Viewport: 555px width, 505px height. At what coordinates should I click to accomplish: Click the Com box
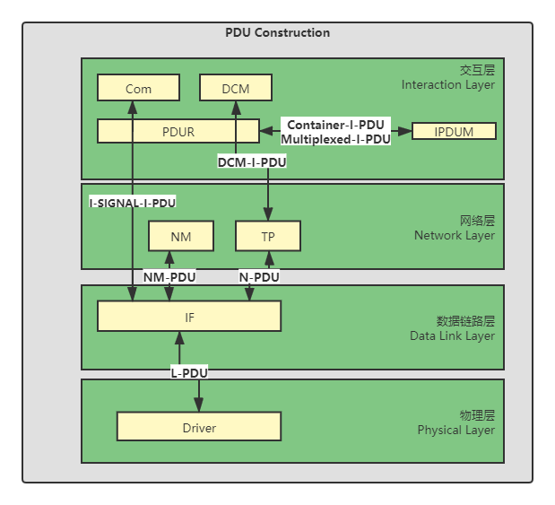coord(138,88)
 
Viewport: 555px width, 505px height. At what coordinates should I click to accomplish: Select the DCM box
coord(236,88)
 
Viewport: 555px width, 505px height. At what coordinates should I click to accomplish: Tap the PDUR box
coord(178,132)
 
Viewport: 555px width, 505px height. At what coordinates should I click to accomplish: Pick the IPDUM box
coord(454,131)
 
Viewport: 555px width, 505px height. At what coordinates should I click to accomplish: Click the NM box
coord(181,237)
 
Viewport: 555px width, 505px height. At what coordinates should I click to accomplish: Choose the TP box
coord(268,237)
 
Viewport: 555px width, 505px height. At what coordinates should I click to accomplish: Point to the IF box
coord(189,317)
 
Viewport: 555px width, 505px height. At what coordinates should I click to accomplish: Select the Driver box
coord(199,427)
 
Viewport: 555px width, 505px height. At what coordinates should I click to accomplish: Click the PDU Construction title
coord(277,33)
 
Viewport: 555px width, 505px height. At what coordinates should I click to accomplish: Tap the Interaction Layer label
coord(447,85)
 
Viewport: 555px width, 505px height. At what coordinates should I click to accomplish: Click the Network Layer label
coord(454,236)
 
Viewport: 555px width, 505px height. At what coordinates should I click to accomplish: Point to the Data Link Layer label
coord(454,336)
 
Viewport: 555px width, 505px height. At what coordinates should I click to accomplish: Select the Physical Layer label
coord(455,430)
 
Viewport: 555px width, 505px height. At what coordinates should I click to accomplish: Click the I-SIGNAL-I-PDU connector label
coord(133,203)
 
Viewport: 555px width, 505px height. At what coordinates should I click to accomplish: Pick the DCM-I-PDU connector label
coord(252,162)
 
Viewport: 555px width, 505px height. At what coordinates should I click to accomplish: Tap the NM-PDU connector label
coord(169,277)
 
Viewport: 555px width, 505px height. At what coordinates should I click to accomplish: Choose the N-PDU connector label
coord(259,277)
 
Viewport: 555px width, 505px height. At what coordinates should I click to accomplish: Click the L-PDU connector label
coord(189,371)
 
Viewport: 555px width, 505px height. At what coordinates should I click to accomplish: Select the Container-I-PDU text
coord(335,125)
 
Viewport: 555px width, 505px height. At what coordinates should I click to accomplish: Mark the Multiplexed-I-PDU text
coord(335,139)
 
